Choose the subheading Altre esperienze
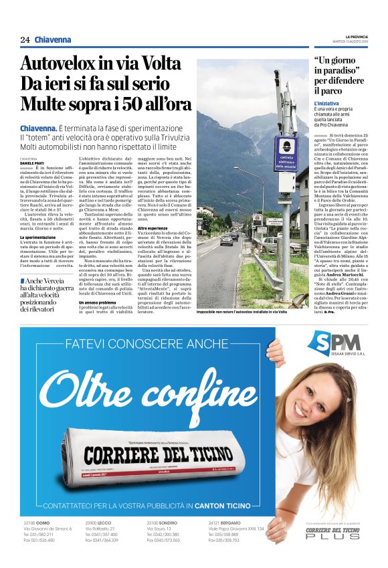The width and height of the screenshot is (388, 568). [153, 228]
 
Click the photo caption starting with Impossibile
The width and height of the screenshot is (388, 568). [241, 312]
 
